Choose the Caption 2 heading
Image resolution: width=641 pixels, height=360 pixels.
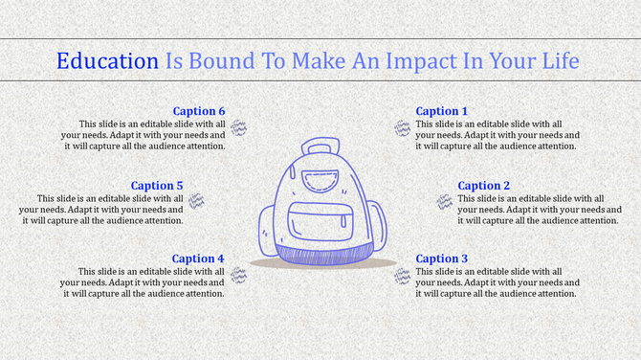point(484,186)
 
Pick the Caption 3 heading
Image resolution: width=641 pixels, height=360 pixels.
point(442,259)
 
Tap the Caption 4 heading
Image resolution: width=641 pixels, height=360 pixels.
point(198,259)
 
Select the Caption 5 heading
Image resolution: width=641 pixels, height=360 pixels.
point(157,186)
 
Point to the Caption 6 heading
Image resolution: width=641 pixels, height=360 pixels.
point(199,112)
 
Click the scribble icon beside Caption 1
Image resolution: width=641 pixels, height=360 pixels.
point(402,128)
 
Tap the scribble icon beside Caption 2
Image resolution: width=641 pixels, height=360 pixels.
point(445,201)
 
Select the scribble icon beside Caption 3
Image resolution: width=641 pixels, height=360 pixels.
point(402,275)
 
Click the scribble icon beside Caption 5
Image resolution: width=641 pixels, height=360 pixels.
point(196,201)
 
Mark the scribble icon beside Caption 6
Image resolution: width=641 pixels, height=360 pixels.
point(239,128)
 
